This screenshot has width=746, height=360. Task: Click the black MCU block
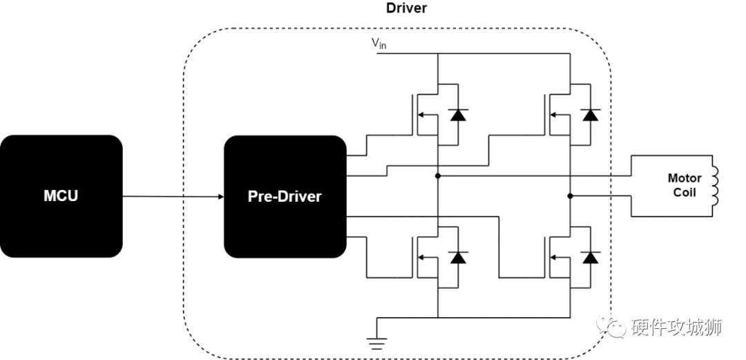click(61, 196)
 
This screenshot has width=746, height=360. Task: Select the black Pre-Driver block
click(285, 196)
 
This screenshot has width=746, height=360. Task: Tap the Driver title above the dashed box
click(406, 9)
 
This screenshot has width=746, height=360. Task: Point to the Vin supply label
click(379, 45)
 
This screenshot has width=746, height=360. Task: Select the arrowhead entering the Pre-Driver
click(220, 197)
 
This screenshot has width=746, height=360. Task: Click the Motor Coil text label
click(685, 185)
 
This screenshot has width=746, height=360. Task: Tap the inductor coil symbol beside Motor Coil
click(715, 185)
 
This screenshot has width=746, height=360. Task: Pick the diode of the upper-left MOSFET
click(457, 115)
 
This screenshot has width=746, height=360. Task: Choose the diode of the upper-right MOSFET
click(590, 115)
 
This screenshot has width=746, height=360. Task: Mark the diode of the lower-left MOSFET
click(457, 258)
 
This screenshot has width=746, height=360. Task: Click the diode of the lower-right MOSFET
click(590, 258)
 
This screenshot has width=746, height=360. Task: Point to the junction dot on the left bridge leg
click(437, 176)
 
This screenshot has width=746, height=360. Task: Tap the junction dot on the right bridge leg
click(571, 196)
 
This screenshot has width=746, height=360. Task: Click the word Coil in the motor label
click(685, 193)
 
